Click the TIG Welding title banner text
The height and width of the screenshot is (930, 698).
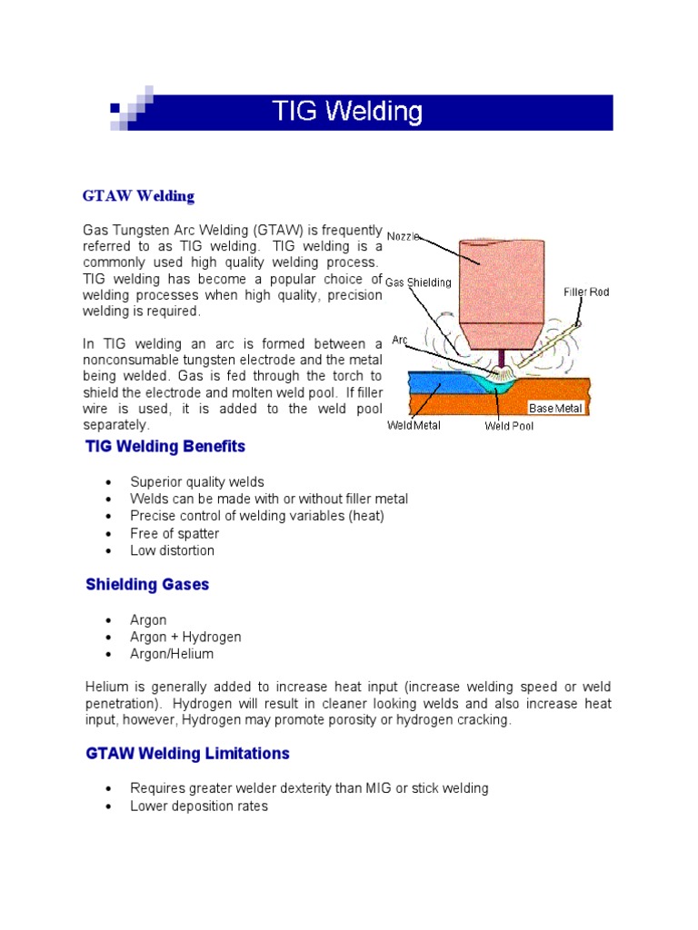tap(348, 113)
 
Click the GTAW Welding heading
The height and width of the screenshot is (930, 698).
tap(138, 195)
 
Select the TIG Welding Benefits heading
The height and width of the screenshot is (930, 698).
tap(165, 447)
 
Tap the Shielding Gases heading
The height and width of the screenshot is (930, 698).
tap(147, 584)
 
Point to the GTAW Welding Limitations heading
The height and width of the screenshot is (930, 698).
tap(187, 753)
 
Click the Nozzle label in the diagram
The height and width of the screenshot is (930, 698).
tap(404, 236)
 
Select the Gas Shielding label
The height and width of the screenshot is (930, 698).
tap(418, 282)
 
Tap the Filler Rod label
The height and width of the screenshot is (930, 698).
tap(586, 292)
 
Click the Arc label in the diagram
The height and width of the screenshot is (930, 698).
tap(399, 340)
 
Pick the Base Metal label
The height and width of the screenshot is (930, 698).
tap(555, 409)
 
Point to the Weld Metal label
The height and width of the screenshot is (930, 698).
tap(414, 425)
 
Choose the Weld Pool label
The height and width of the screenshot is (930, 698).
tap(509, 426)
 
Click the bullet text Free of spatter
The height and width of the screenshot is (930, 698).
tap(174, 533)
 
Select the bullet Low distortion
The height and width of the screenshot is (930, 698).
tap(173, 550)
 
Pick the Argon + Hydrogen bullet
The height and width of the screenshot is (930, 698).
tap(185, 637)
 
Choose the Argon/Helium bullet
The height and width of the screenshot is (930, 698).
tap(172, 654)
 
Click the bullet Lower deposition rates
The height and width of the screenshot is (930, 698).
tap(199, 806)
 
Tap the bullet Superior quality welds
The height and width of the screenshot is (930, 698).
tap(197, 481)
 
